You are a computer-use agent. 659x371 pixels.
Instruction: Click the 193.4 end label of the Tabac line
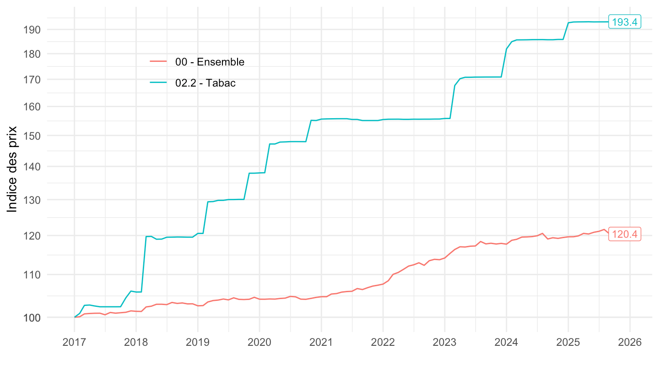coord(625,22)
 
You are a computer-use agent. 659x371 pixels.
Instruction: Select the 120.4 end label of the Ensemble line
coord(625,234)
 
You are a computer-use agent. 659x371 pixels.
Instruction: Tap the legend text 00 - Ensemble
coord(210,62)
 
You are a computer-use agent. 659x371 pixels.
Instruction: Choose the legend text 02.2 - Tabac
coord(205,83)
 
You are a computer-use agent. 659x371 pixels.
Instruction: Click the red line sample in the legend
coord(158,62)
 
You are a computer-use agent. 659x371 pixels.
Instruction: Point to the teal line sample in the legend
coord(158,82)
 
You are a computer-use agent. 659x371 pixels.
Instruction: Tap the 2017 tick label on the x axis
coord(74,342)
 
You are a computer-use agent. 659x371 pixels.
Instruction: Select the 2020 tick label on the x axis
coord(259,342)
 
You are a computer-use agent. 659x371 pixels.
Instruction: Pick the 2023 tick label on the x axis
coord(444,342)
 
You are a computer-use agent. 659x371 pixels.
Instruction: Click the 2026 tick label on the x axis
coord(630,342)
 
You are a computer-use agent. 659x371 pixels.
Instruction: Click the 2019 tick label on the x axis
coord(198,342)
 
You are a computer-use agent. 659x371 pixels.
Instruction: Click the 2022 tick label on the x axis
coord(383,342)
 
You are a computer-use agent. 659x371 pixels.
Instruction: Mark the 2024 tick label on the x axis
coord(506,342)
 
